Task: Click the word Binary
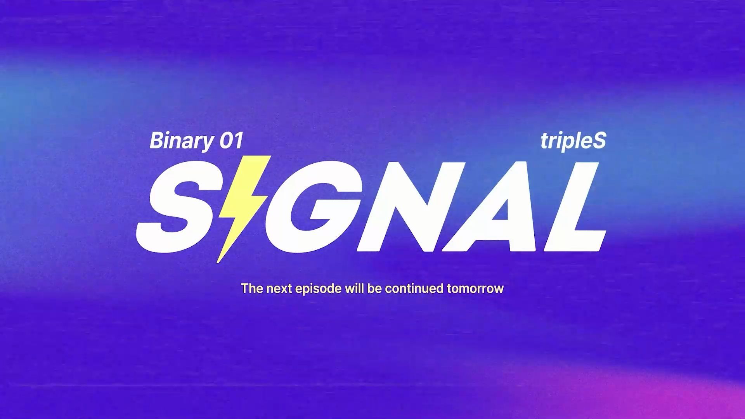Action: (181, 141)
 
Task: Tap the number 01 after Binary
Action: (231, 140)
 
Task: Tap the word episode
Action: (315, 289)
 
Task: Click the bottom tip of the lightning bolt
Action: (217, 263)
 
